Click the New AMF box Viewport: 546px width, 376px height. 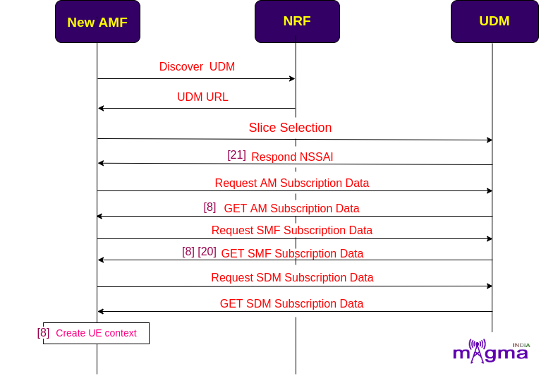point(97,22)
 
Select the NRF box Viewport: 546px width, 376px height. point(297,22)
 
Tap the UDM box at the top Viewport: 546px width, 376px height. point(495,22)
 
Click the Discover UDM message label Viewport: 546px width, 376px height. point(197,66)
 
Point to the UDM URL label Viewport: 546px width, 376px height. point(202,97)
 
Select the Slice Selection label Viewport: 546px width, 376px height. point(290,128)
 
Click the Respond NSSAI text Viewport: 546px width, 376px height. point(292,157)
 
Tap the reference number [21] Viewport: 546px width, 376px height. point(236,155)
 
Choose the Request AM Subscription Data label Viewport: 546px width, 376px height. point(292,183)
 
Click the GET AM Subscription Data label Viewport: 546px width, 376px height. point(291,209)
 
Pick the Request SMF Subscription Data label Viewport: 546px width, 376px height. point(292,231)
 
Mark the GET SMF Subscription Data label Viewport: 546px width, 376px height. point(292,253)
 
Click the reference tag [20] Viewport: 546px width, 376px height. point(207,251)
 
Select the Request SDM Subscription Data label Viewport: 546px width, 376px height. point(292,277)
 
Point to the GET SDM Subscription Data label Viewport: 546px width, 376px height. point(291,303)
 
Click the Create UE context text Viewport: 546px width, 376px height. point(96,333)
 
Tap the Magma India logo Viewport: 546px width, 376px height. point(492,351)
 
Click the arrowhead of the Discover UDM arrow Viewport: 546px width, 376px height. point(293,79)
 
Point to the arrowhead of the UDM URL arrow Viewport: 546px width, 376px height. point(101,108)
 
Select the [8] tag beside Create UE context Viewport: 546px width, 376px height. point(43,332)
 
